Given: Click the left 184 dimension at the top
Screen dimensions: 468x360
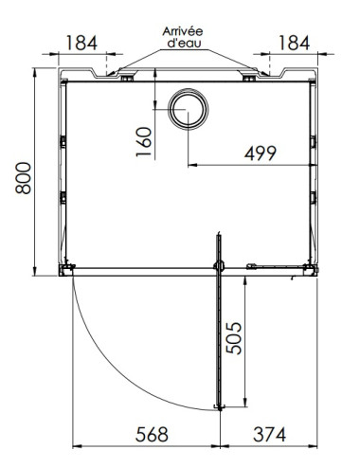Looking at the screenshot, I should (82, 43).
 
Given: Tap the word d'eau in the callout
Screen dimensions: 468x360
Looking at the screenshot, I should (187, 44).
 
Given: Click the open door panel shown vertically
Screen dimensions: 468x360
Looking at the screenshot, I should (220, 332).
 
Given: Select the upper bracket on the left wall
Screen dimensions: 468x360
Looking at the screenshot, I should (63, 141).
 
